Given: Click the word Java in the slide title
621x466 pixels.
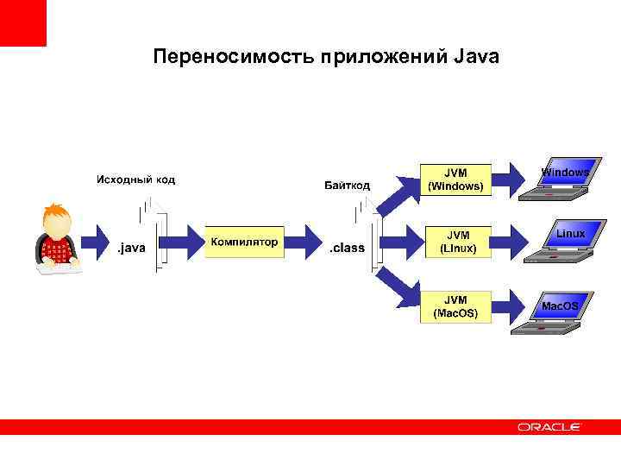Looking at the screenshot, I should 474,57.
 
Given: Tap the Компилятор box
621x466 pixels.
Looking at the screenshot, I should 244,242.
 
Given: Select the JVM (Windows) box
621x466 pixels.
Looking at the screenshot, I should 455,179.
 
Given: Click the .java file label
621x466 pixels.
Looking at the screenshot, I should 131,249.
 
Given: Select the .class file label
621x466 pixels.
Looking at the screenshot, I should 348,249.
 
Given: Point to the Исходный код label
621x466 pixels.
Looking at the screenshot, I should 135,179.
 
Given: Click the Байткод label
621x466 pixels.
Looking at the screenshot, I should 347,185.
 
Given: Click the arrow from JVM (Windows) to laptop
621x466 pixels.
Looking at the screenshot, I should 508,179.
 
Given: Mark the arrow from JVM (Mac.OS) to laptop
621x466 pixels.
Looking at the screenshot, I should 508,305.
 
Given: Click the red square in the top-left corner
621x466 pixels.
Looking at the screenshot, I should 22,22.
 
